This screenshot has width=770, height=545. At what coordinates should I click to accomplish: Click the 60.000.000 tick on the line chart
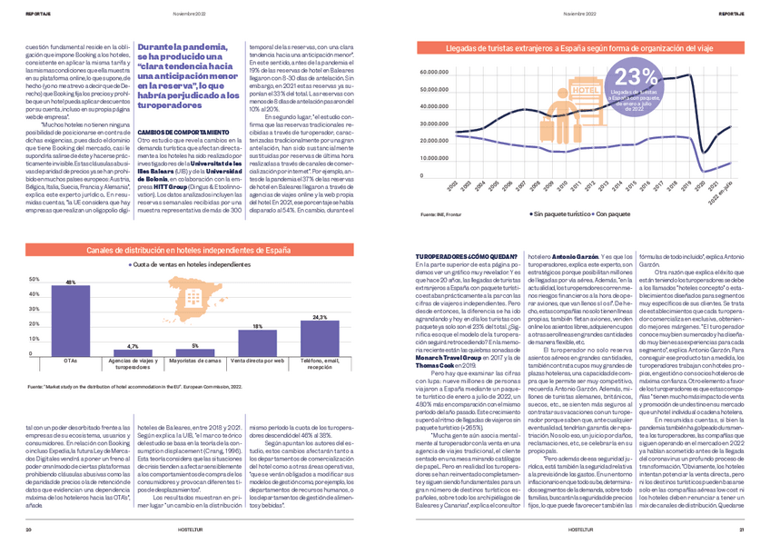pyautogui.click(x=439, y=72)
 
